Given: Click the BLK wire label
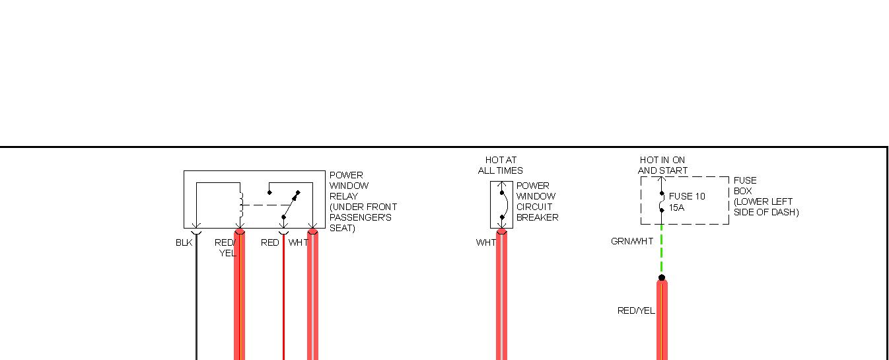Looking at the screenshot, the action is pyautogui.click(x=184, y=242).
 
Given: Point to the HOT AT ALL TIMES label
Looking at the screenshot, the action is pyautogui.click(x=501, y=165).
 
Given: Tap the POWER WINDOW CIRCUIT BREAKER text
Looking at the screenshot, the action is pyautogui.click(x=537, y=201).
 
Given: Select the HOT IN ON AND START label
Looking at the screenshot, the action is pyautogui.click(x=662, y=165).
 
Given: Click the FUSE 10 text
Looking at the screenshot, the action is pyautogui.click(x=687, y=196).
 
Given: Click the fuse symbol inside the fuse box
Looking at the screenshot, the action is pyautogui.click(x=662, y=201).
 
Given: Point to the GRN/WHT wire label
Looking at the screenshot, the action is pyautogui.click(x=631, y=242).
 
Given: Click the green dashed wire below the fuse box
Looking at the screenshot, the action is pyautogui.click(x=662, y=251).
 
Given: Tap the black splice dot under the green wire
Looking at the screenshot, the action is pyautogui.click(x=662, y=278).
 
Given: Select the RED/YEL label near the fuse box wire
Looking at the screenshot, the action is pyautogui.click(x=636, y=310).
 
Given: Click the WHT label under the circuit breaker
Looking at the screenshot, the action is pyautogui.click(x=485, y=242).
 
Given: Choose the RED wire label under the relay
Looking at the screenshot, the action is pyautogui.click(x=270, y=242).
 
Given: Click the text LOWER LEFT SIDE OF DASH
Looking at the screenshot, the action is pyautogui.click(x=765, y=207).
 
